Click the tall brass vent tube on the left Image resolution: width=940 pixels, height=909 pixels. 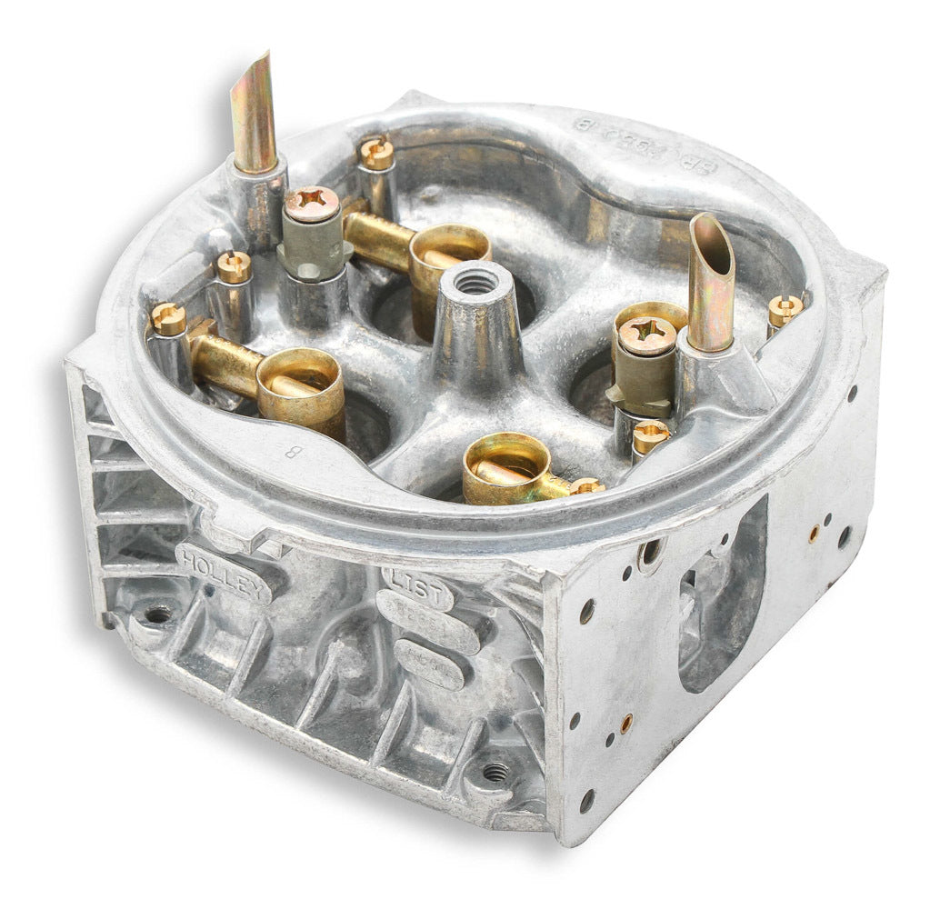tap(255, 114)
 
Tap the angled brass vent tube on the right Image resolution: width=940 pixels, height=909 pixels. tap(712, 282)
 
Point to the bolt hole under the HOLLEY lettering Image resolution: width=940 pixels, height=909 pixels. tap(156, 614)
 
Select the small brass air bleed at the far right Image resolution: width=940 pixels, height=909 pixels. tap(785, 310)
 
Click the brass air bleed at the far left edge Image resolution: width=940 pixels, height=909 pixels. tap(168, 317)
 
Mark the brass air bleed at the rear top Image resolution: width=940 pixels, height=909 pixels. tap(376, 153)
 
